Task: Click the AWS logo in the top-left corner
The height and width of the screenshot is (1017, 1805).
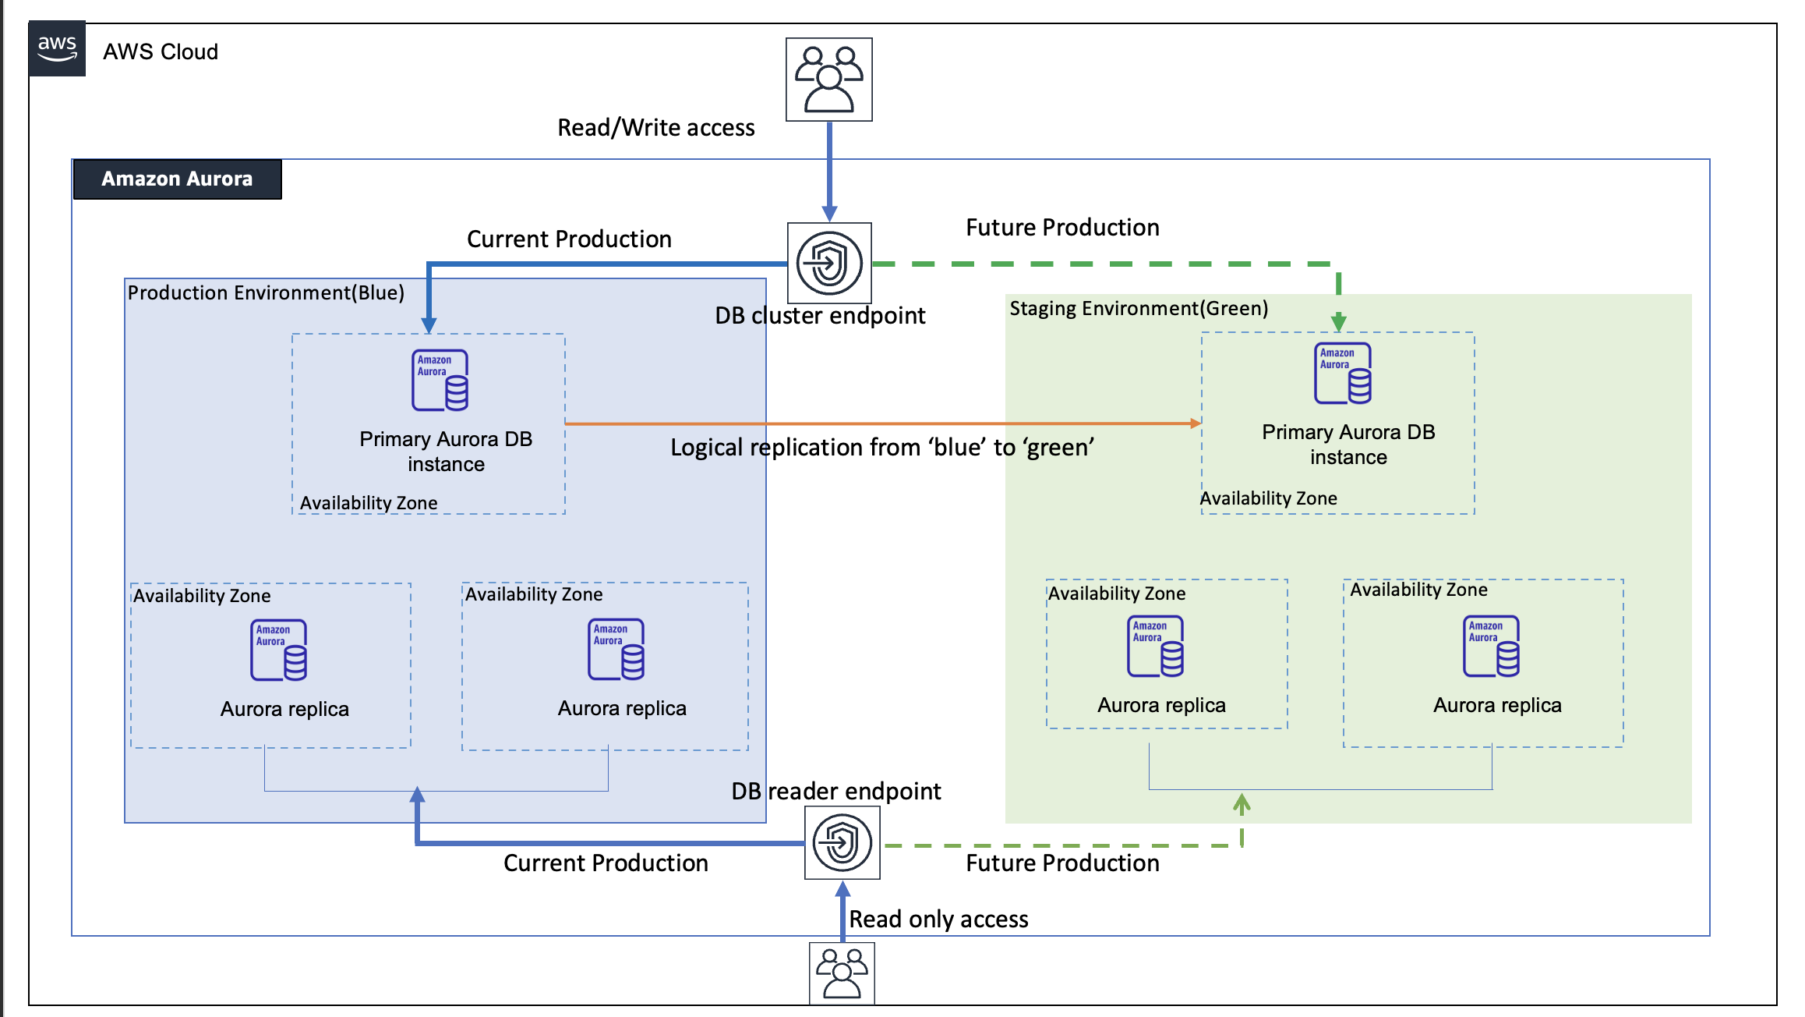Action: (x=57, y=48)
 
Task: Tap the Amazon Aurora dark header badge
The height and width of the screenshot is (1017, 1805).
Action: (x=177, y=179)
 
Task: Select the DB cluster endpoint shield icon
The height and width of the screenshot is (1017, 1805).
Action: (x=829, y=264)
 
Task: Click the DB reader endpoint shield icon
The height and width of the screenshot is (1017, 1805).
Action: (x=842, y=842)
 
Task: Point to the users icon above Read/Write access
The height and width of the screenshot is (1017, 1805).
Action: (x=828, y=80)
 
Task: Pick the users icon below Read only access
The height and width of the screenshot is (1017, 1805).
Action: (x=842, y=973)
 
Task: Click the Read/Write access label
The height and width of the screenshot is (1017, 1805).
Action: (x=655, y=128)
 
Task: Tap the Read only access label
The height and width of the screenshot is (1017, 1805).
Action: (x=938, y=920)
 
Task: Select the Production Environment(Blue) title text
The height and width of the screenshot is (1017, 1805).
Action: (x=266, y=293)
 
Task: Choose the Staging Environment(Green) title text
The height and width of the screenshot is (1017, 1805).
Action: (x=1139, y=309)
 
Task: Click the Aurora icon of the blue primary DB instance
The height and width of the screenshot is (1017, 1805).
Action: (x=440, y=381)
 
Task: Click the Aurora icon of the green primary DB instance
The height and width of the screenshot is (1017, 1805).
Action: (x=1343, y=374)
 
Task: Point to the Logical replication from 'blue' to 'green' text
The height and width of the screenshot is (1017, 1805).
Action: (x=882, y=448)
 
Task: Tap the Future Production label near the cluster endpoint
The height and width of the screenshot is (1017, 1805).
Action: (x=1062, y=228)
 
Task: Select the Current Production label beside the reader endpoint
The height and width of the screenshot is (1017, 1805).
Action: (x=606, y=863)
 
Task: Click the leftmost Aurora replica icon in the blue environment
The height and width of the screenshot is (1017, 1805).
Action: (x=279, y=650)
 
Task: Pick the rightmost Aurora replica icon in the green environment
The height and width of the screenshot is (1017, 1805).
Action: (x=1492, y=647)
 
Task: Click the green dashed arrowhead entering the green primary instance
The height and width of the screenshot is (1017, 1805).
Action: (x=1339, y=321)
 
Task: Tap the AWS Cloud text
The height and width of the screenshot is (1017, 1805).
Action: (x=161, y=52)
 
